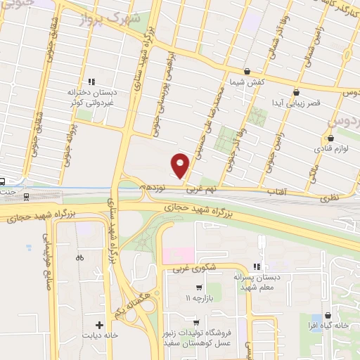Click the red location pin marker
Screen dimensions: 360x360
pyautogui.click(x=181, y=165)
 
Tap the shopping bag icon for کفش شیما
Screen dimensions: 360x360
pyautogui.click(x=247, y=71)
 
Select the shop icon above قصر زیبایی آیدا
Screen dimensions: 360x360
pyautogui.click(x=296, y=91)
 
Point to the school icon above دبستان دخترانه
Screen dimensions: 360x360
pyautogui.click(x=91, y=81)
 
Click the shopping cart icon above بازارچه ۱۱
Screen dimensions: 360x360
pyautogui.click(x=200, y=288)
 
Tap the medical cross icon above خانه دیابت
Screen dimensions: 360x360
pyautogui.click(x=99, y=325)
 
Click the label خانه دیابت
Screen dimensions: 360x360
pyautogui.click(x=100, y=335)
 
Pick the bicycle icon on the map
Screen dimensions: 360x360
pyautogui.click(x=80, y=257)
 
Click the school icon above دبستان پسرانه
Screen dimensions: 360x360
pyautogui.click(x=257, y=266)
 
